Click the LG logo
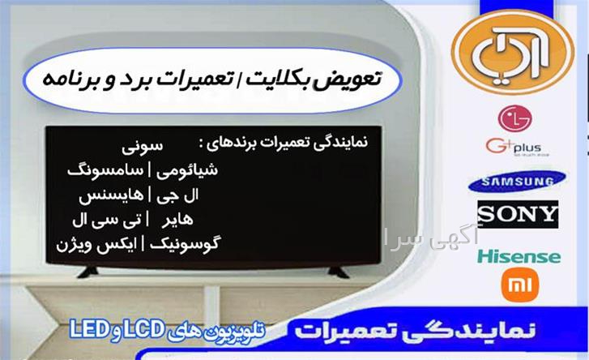514,118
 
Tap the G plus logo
517,148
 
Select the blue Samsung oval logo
518,182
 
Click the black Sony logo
518,214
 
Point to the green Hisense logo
519,257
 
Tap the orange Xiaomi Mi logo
520,285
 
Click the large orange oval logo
513,52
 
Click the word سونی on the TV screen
143,146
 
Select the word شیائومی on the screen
186,170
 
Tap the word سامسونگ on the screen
105,170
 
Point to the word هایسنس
111,195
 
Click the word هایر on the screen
177,220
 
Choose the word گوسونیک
186,244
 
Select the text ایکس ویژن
97,245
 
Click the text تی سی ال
107,221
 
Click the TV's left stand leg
87,272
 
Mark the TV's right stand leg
338,272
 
